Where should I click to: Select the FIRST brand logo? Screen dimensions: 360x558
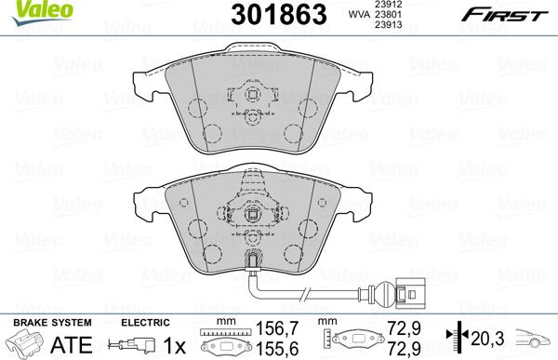point(507,15)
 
